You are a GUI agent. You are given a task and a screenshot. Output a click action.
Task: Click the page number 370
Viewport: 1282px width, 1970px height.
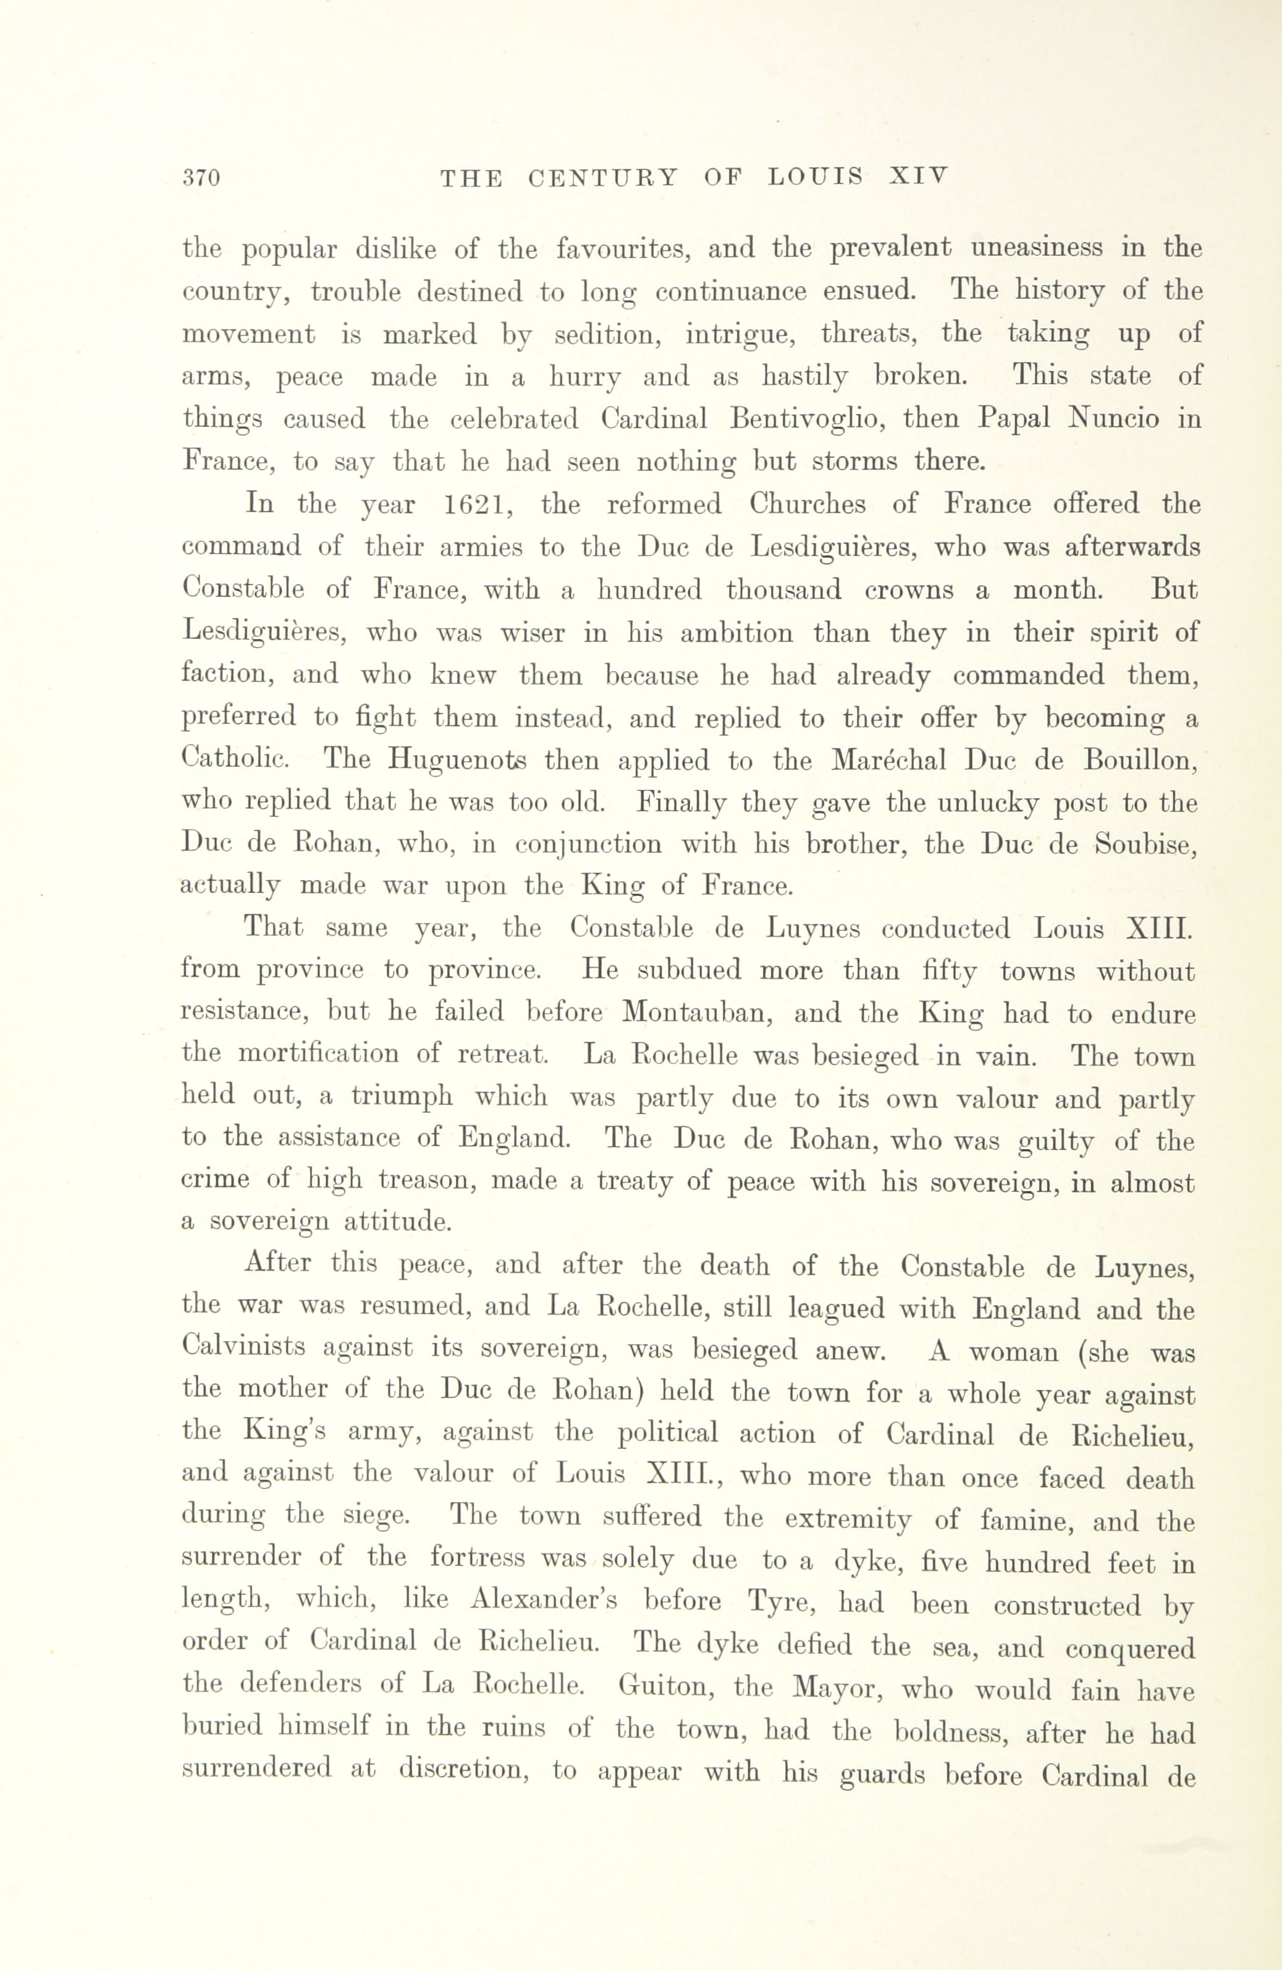tap(201, 178)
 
